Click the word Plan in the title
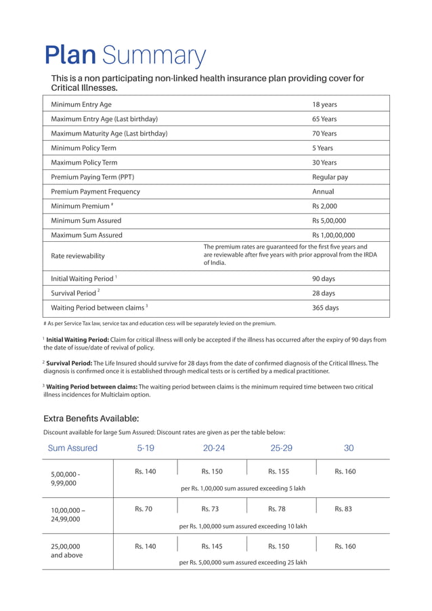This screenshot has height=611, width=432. click(x=71, y=55)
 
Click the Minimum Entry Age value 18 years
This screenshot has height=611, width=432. click(x=324, y=104)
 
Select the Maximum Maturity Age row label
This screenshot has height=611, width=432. click(x=109, y=133)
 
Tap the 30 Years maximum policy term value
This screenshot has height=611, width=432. click(x=324, y=163)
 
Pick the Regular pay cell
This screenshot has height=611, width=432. click(x=330, y=177)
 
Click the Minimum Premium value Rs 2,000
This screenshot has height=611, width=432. click(x=324, y=206)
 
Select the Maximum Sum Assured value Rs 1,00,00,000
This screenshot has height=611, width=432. click(x=333, y=235)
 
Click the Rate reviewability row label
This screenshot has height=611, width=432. click(x=79, y=256)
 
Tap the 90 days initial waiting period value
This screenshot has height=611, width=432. click(x=324, y=278)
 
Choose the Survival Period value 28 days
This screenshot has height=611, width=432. click(x=324, y=293)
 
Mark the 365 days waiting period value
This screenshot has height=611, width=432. click(x=325, y=308)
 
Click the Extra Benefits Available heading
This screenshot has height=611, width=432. click(x=91, y=418)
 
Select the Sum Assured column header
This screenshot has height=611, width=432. click(x=72, y=448)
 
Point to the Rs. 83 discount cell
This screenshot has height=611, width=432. click(x=345, y=509)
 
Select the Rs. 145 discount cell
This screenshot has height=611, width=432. click(x=211, y=546)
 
